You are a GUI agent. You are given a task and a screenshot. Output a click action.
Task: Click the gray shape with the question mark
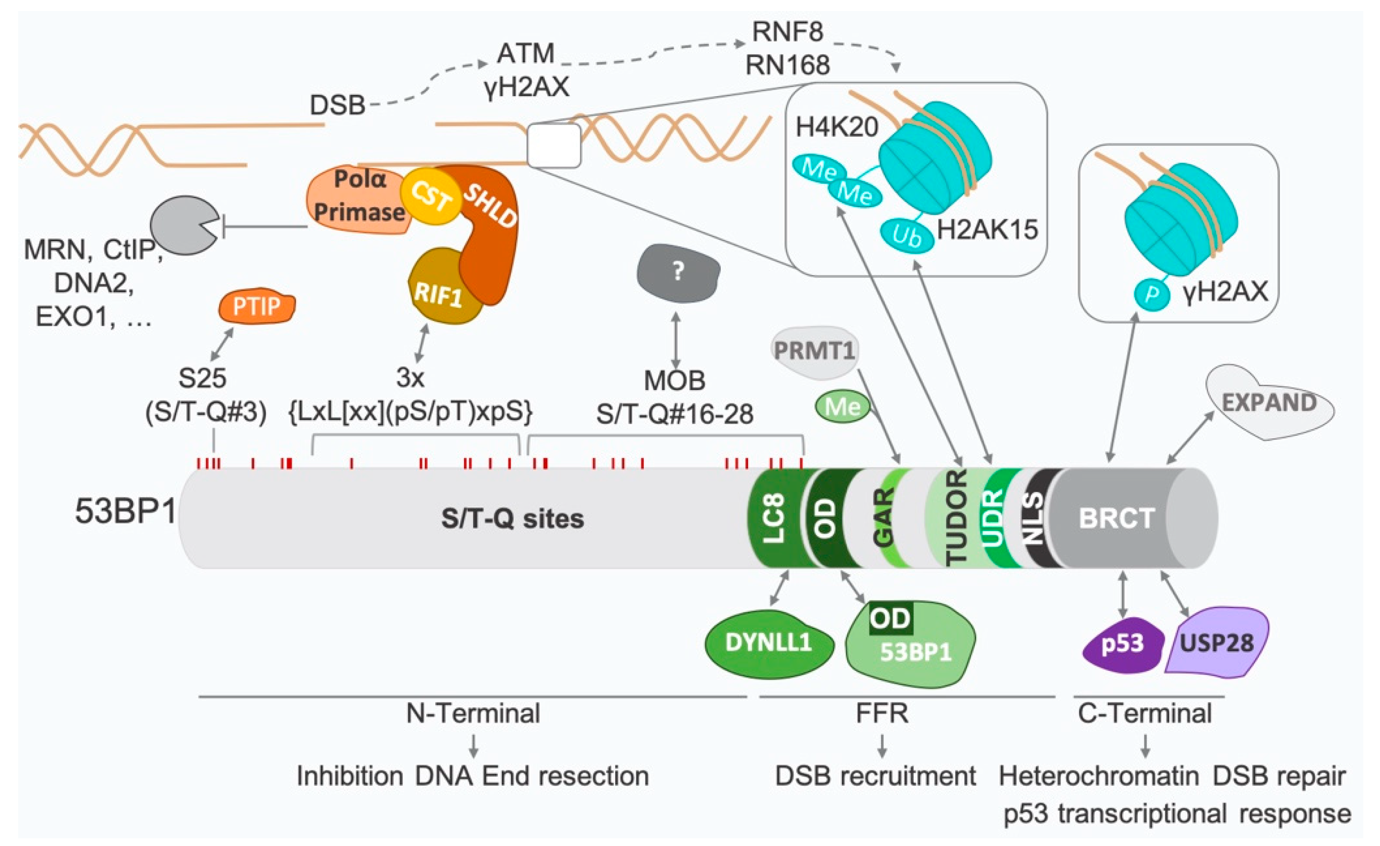(x=678, y=272)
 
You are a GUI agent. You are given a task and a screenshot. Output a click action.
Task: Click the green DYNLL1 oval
(x=768, y=643)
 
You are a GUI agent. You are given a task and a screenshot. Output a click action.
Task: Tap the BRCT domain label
(x=1116, y=518)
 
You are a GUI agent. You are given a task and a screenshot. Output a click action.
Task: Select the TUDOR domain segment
(x=955, y=518)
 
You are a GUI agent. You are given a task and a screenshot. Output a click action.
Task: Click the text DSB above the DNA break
(x=337, y=105)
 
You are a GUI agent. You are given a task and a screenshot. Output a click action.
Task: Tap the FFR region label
(x=882, y=714)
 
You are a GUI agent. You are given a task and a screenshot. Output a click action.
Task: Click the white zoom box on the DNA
(x=554, y=145)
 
